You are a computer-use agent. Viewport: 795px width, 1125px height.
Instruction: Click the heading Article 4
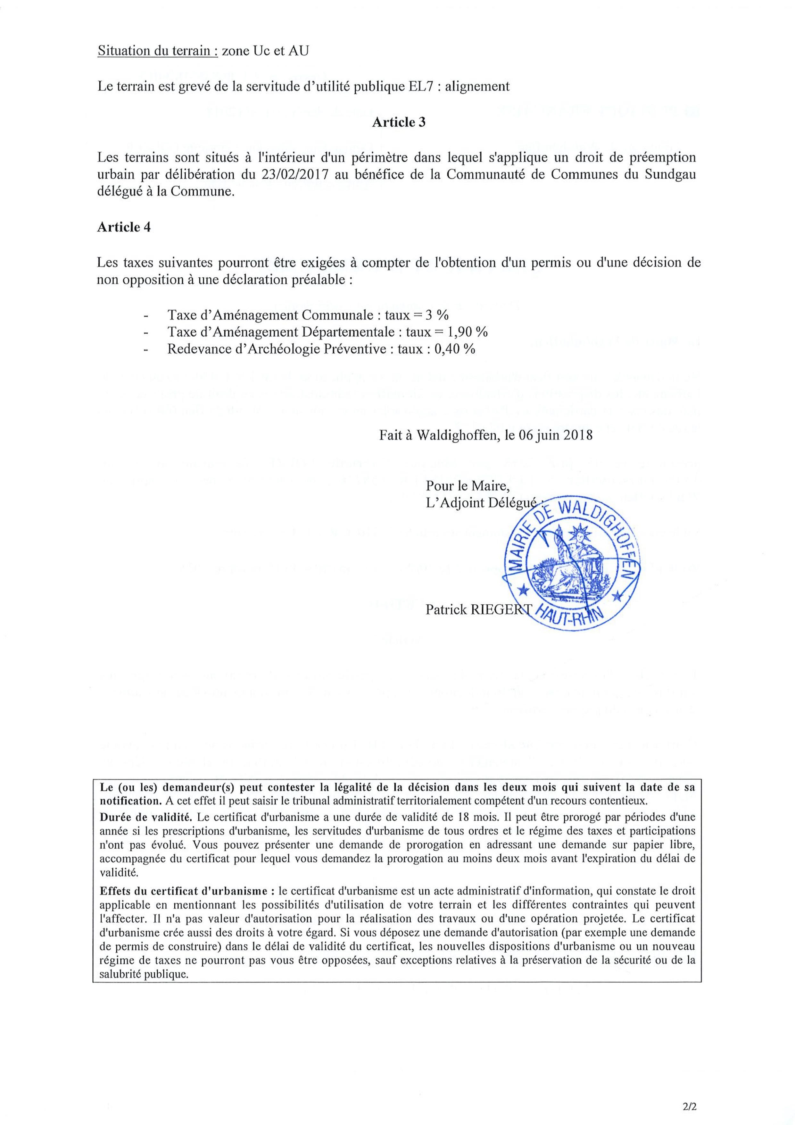[x=124, y=227]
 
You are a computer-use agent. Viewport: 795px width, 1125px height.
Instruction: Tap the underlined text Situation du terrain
[x=157, y=51]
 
